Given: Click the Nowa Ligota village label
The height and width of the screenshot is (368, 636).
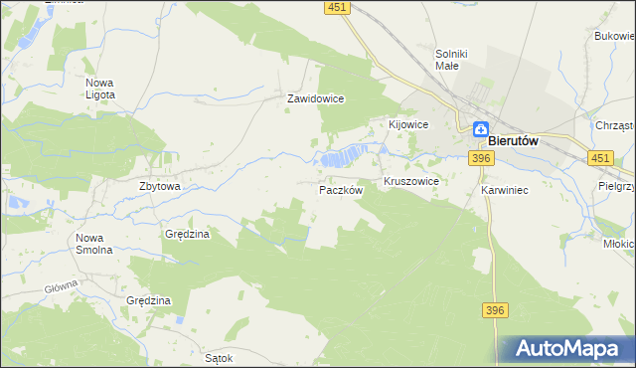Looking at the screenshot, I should click(100, 89).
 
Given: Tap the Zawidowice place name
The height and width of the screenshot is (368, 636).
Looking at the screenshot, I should click(315, 99).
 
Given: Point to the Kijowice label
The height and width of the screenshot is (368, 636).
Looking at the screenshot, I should click(407, 124).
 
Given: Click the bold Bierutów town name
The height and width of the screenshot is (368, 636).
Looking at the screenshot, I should click(514, 141).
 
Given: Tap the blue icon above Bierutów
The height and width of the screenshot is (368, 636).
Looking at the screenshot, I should click(480, 128).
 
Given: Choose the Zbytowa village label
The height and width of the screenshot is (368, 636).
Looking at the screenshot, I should click(159, 186).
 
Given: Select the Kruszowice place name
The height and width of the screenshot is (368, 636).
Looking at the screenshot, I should click(411, 184).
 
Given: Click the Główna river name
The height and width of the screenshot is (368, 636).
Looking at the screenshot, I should click(61, 288).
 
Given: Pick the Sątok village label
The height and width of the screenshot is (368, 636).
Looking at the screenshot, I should click(218, 357).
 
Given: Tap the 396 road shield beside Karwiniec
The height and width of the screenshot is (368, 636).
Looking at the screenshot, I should click(482, 158).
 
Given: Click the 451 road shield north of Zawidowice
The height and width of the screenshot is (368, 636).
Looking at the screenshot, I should click(337, 8).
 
